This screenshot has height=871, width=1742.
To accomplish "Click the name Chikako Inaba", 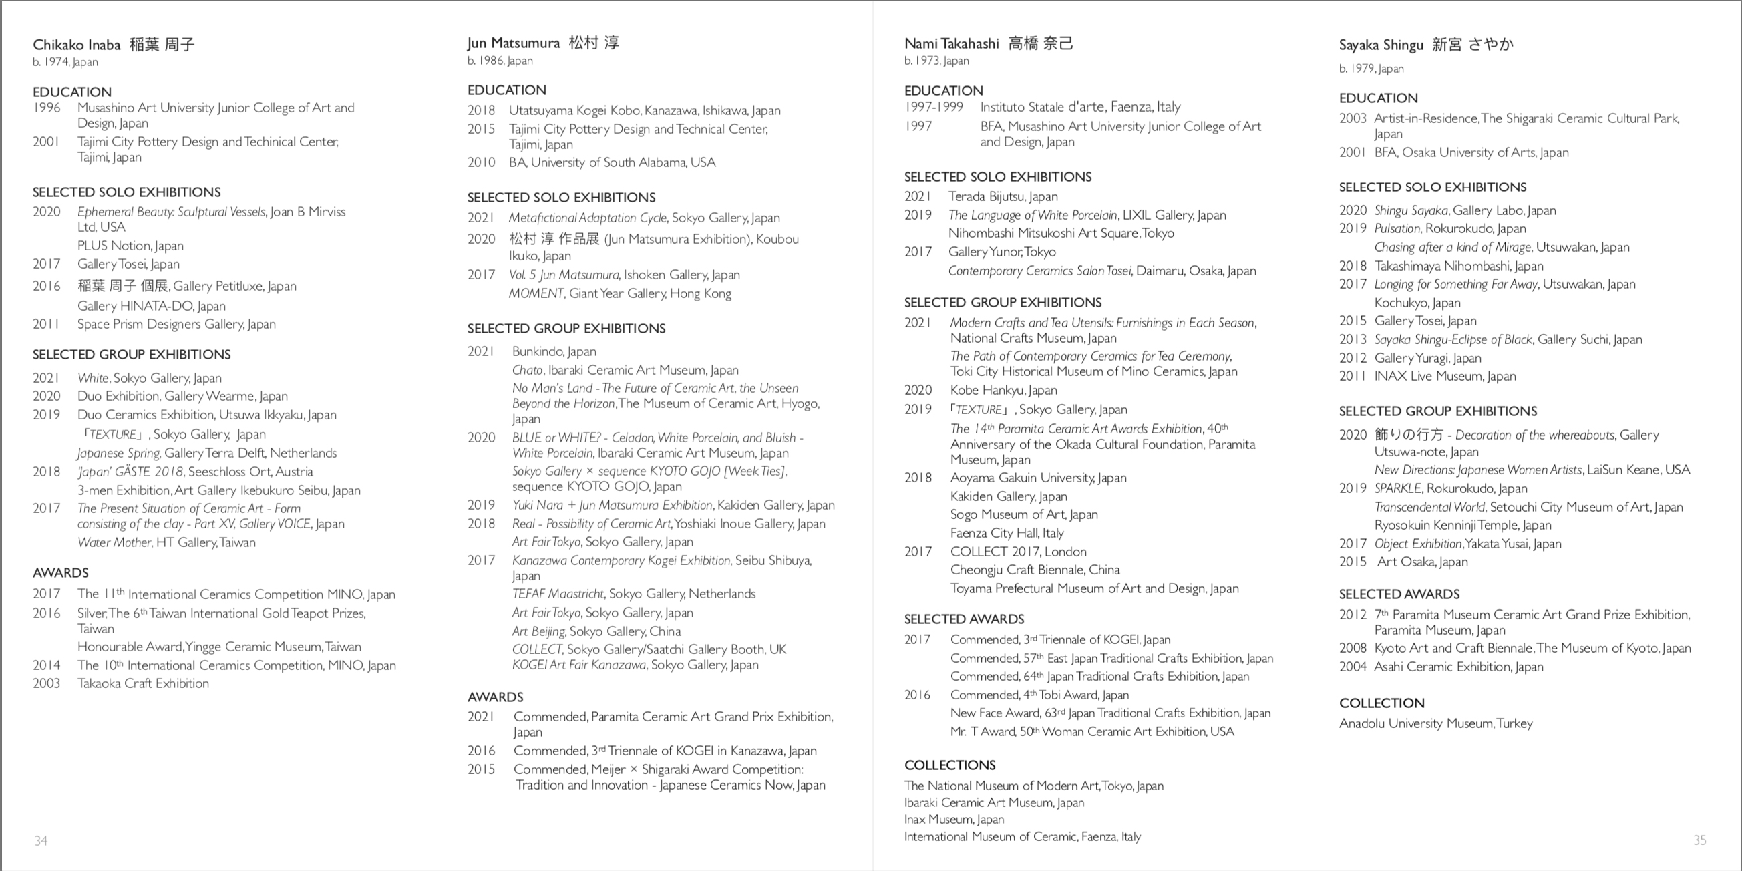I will (76, 45).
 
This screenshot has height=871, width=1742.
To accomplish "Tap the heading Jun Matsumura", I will (513, 43).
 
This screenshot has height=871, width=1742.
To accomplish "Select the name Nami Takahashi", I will (950, 44).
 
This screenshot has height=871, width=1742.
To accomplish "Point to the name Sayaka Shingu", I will (1381, 45).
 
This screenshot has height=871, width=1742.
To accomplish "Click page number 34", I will (41, 840).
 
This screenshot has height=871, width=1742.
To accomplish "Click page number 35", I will (1699, 840).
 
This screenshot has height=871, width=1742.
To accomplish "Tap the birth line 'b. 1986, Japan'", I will (500, 61).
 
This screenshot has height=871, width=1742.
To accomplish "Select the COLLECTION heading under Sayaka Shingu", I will (1381, 703).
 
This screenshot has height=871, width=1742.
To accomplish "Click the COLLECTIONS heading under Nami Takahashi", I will (949, 765).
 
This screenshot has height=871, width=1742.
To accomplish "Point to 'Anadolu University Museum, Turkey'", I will (1435, 723).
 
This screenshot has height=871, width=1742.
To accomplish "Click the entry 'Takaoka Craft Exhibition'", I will (143, 684).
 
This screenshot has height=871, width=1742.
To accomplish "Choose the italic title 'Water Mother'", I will (114, 542).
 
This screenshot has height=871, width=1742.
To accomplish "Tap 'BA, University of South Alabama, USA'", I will (612, 162).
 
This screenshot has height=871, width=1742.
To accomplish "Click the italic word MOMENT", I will (536, 293).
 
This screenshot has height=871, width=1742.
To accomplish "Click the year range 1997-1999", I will (933, 107).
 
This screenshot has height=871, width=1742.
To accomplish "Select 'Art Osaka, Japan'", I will (1422, 562).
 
